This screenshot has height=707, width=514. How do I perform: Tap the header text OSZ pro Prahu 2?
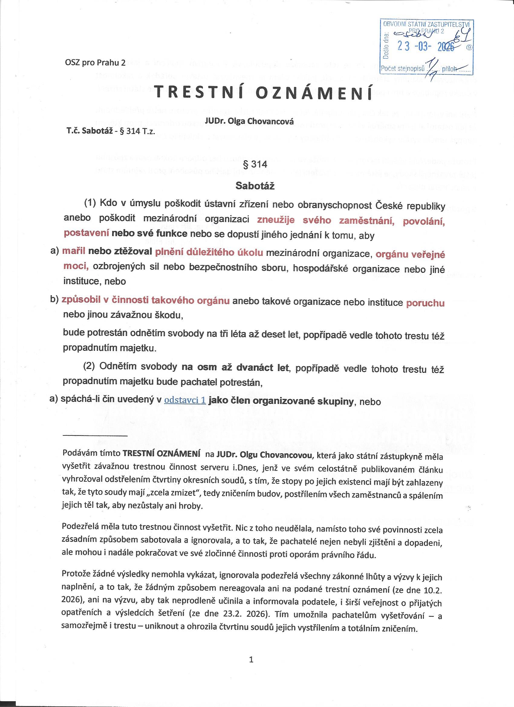[95, 63]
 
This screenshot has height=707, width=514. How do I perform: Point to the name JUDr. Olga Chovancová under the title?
[249, 122]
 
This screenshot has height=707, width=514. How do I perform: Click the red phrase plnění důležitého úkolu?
[209, 252]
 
